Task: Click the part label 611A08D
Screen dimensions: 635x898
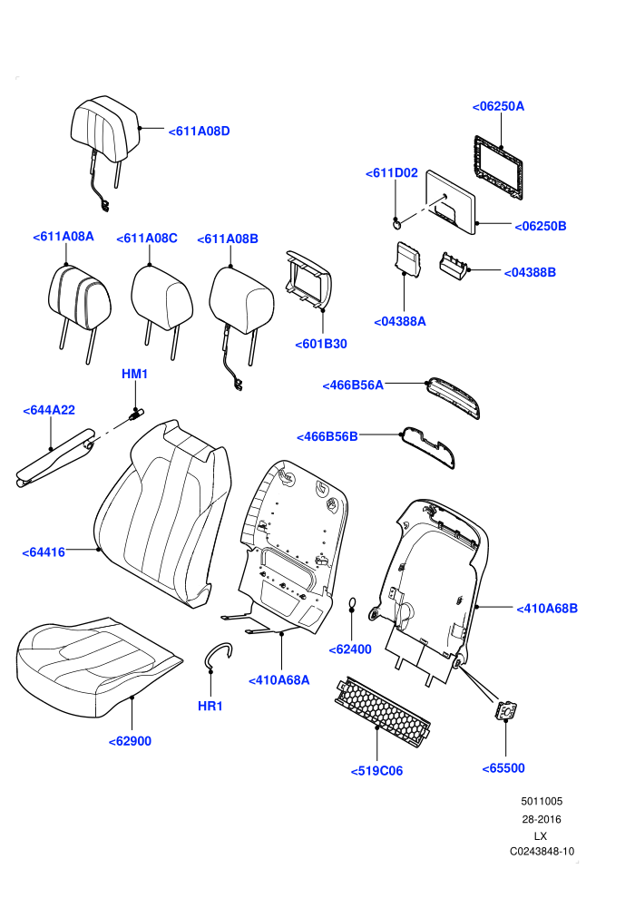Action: point(200,132)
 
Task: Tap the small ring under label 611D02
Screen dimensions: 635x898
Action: point(396,223)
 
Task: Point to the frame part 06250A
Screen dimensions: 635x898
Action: point(498,169)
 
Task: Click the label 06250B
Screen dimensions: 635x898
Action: point(541,226)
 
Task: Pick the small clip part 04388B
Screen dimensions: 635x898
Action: point(454,266)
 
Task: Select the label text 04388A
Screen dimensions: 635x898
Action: point(400,322)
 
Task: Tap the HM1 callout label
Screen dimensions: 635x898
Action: point(134,374)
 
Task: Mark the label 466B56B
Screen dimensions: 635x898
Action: point(327,437)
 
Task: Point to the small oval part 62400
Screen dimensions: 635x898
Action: point(352,603)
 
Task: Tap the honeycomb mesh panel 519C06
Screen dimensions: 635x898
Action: point(382,709)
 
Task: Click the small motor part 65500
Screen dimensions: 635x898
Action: point(506,710)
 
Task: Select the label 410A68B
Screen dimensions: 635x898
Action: point(547,609)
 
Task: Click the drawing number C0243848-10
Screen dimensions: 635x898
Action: point(542,852)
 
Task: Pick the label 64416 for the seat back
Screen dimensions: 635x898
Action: point(44,552)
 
